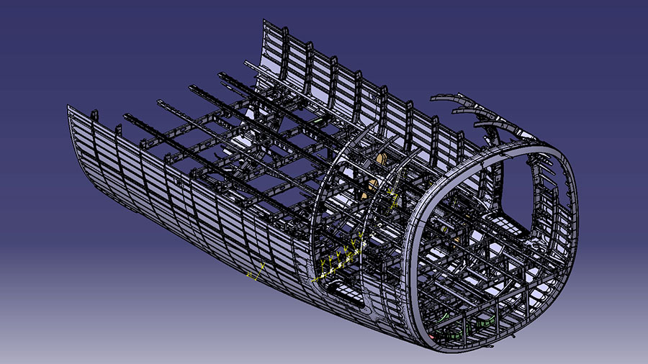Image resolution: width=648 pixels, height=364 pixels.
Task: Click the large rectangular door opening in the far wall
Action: [x=518, y=188]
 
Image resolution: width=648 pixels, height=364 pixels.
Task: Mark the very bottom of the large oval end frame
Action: [x=461, y=351]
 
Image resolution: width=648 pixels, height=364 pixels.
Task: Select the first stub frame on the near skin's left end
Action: [x=94, y=114]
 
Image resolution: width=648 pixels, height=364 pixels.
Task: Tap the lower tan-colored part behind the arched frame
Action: [x=371, y=188]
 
